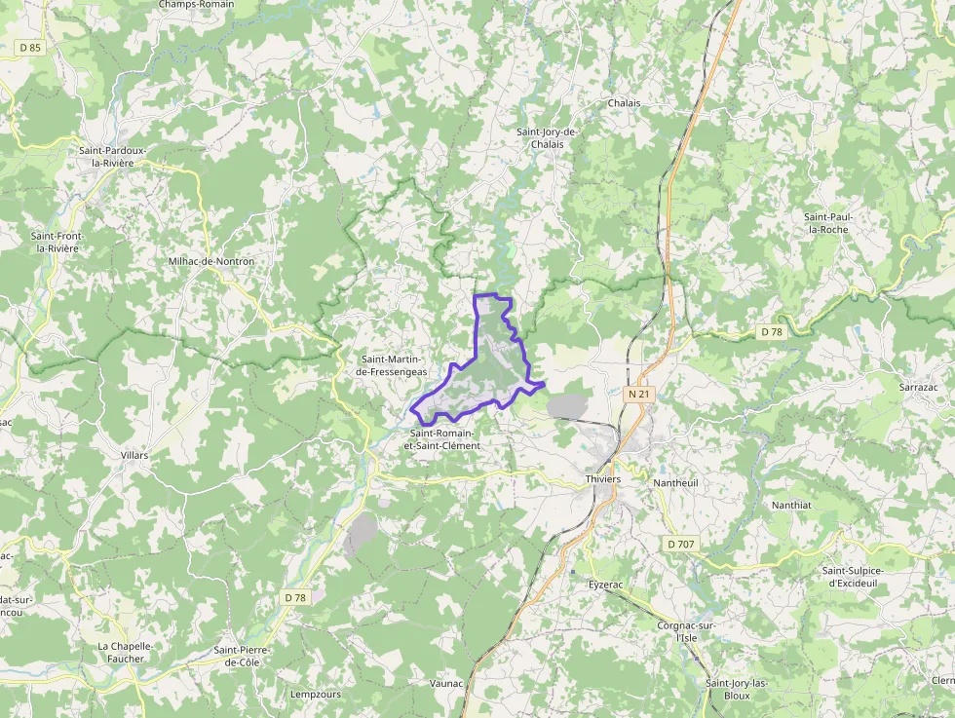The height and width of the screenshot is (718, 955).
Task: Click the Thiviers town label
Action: coord(604,480)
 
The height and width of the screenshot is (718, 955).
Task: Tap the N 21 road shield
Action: coord(638,394)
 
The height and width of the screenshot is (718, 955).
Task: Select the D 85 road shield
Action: coord(30,47)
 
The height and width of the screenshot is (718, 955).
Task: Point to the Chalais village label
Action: coord(624,103)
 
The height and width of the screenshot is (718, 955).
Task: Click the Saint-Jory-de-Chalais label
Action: coord(547,138)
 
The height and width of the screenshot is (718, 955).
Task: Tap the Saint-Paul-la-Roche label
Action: coord(825,222)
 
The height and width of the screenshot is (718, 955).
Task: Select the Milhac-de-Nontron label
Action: coord(211,261)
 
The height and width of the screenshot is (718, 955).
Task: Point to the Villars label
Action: coord(134,455)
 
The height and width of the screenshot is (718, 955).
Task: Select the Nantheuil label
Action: coord(676,482)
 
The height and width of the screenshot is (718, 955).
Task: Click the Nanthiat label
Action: coord(791,505)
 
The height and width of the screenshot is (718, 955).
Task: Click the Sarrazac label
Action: coord(918,387)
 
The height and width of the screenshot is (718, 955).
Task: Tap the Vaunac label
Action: coord(446,683)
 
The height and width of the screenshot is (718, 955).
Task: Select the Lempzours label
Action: coord(316,695)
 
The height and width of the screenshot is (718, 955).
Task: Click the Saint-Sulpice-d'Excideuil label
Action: coord(860,577)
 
